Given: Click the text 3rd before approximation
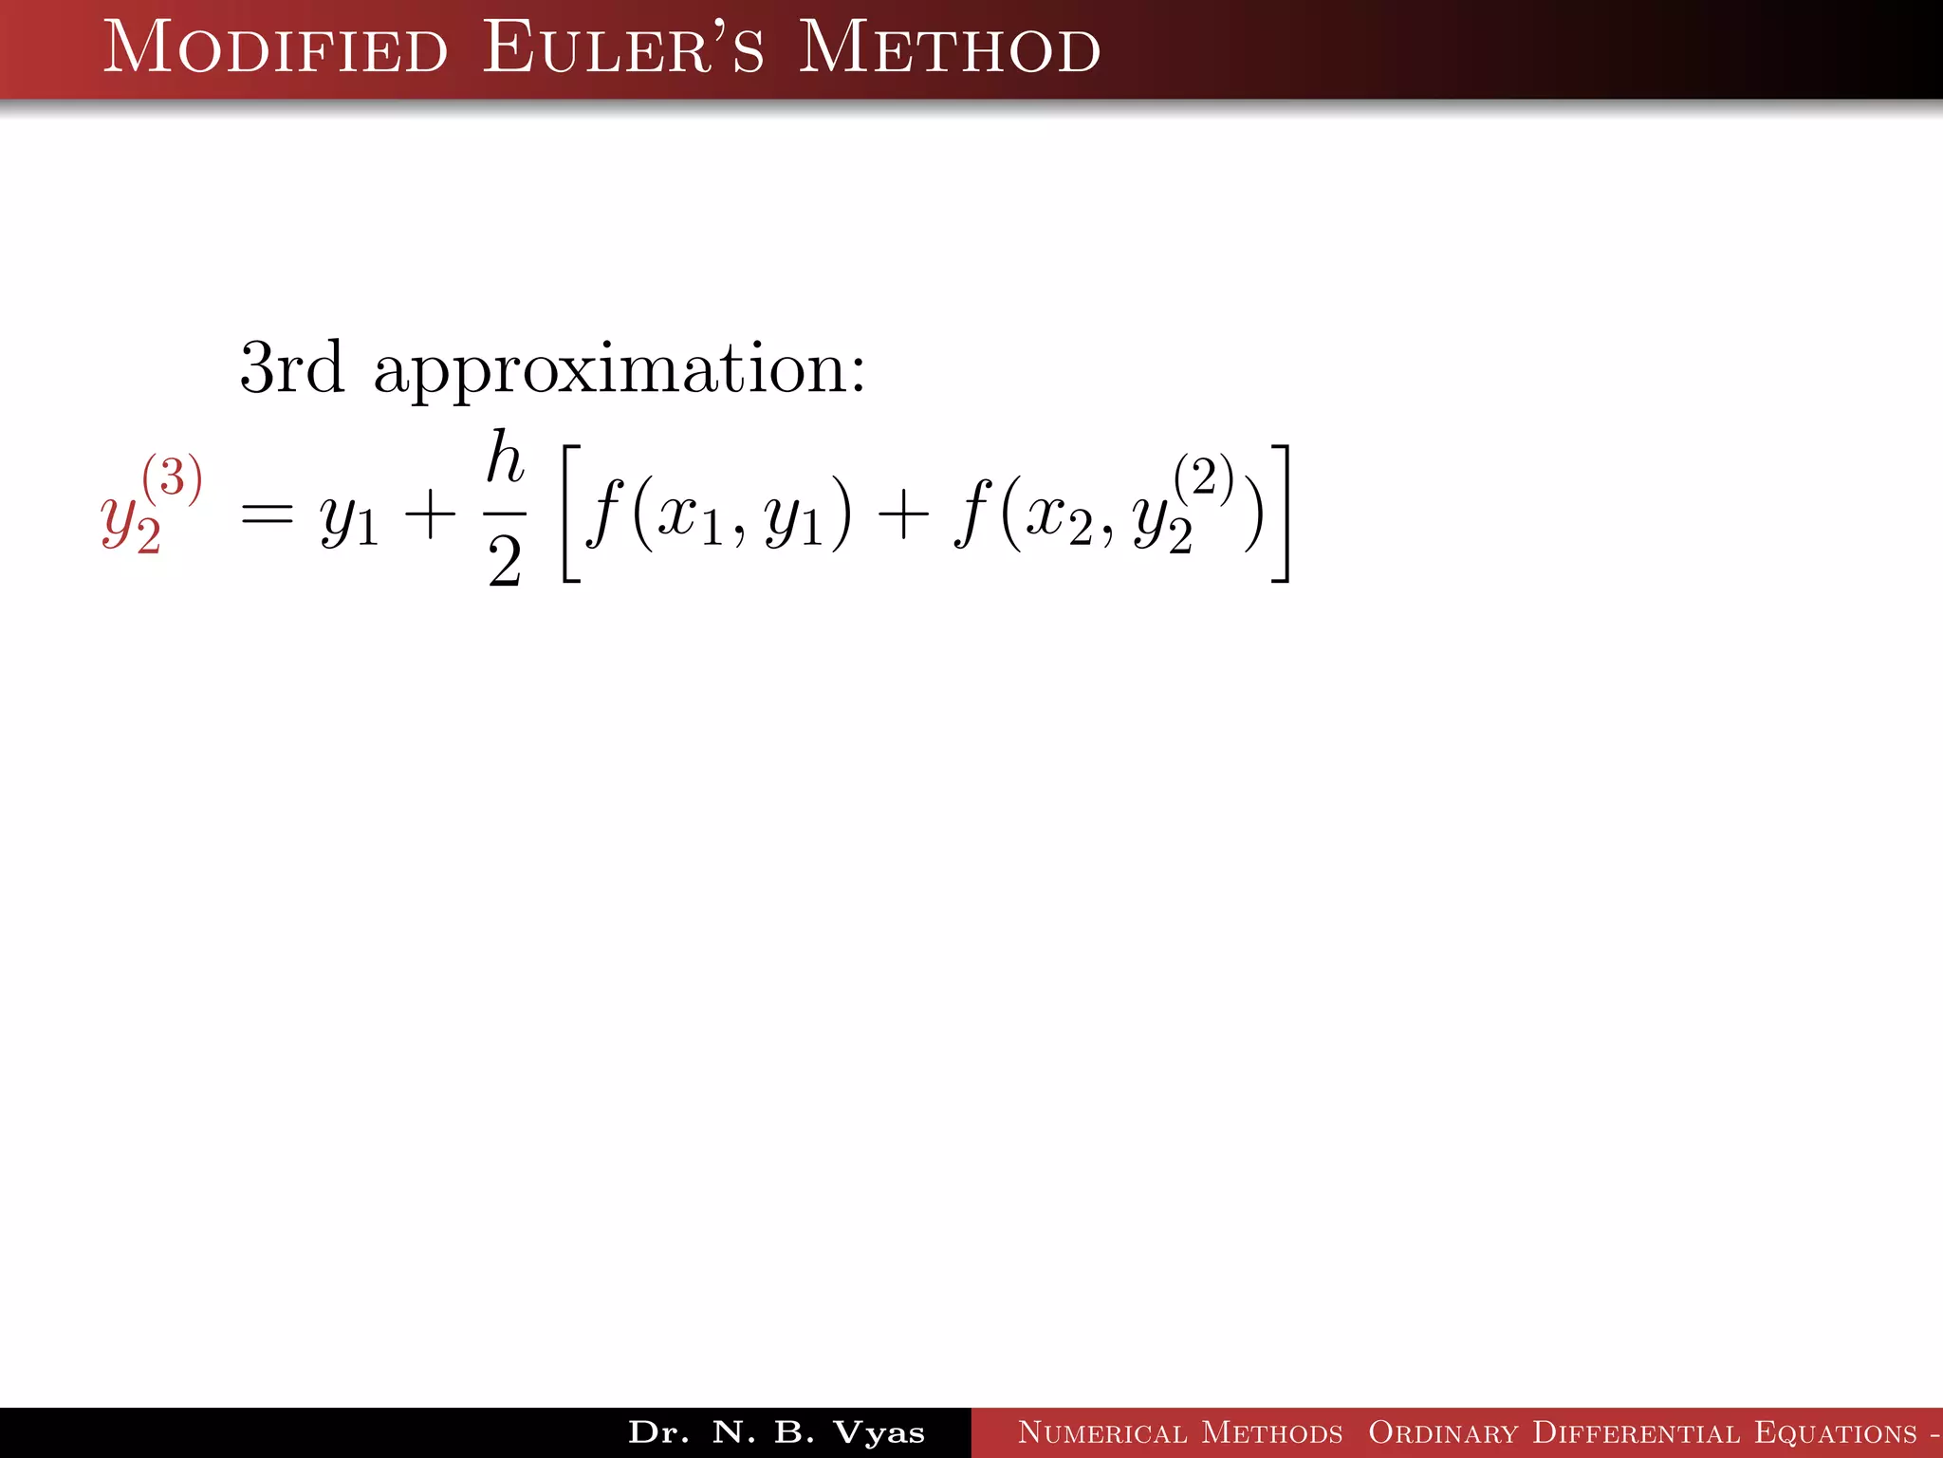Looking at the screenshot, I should pos(291,368).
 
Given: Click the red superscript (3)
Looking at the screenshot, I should pos(173,477).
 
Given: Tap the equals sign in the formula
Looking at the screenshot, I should pos(267,517).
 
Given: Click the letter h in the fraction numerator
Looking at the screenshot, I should pos(505,458).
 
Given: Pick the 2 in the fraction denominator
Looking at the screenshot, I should pos(505,562).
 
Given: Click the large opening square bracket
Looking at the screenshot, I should pos(571,513).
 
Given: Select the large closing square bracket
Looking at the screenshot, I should pos(1281,513).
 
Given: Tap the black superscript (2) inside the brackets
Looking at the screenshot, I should pos(1204,477).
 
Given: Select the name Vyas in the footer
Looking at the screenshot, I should pos(879,1432).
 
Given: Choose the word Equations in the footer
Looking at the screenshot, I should pos(1836,1432).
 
